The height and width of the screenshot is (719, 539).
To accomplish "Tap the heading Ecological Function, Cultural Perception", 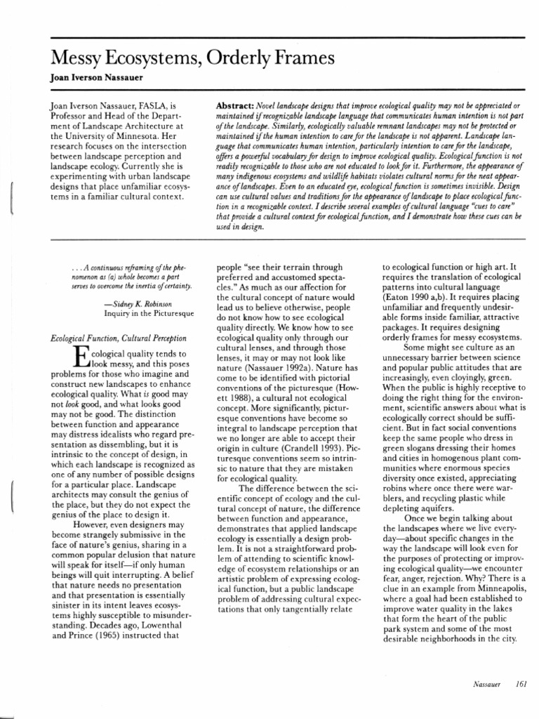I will click(x=119, y=338).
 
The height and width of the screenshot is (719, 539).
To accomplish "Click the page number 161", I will click(x=521, y=685).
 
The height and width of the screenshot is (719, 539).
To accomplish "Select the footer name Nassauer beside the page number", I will click(x=486, y=685).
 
